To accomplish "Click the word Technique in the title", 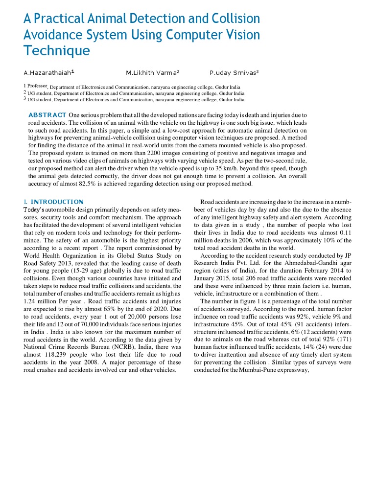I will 57,51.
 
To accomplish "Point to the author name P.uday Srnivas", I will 233,73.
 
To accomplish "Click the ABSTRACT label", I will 47,114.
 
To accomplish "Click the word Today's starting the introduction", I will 34,209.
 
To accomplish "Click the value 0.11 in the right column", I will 344,233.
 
